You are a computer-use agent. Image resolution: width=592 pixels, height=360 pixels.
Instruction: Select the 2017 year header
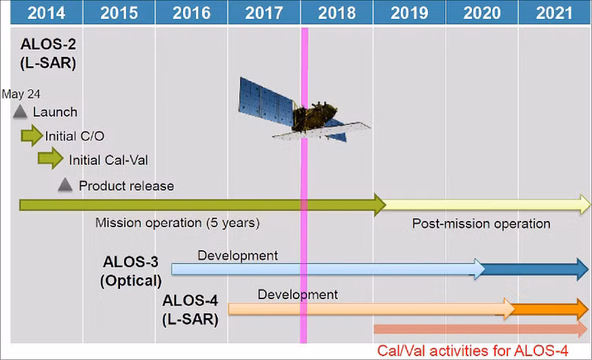click(264, 13)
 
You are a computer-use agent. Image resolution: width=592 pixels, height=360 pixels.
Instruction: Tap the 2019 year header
click(408, 13)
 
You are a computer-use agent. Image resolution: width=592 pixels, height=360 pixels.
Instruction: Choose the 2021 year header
click(554, 13)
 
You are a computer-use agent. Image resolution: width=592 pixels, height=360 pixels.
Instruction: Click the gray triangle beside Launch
click(21, 112)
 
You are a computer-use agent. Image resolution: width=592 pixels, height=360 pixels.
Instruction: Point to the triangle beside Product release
click(66, 186)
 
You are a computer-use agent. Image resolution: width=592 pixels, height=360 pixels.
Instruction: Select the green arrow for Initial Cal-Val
click(51, 159)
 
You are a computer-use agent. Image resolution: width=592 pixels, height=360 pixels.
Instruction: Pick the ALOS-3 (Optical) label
click(131, 270)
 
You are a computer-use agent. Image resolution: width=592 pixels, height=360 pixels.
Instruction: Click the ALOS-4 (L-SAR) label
click(190, 310)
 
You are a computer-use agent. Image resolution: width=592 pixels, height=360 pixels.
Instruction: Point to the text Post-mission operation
click(481, 223)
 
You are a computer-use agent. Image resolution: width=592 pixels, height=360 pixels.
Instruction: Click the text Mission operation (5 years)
click(177, 223)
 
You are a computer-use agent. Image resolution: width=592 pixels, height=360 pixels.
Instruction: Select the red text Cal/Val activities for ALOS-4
click(472, 350)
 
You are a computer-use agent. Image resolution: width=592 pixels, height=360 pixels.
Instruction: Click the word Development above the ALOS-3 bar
click(237, 255)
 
